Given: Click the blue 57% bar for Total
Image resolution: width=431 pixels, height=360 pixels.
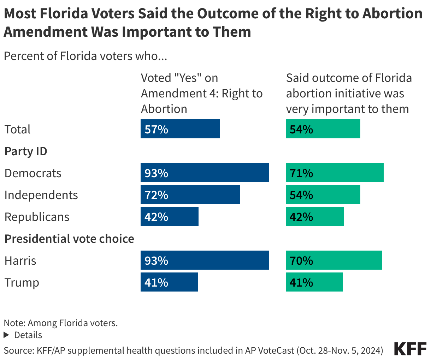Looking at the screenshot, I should tap(180, 129).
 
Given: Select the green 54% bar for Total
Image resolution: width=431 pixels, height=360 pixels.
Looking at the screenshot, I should tap(323, 129).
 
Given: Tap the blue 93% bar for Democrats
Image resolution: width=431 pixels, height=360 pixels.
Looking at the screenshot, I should tap(205, 173).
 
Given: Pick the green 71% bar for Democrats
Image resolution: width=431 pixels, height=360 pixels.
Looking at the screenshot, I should tap(335, 173).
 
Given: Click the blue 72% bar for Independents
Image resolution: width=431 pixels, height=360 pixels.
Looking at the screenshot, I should tap(190, 194).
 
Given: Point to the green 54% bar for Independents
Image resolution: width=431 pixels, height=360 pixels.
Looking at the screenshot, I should tap(323, 194).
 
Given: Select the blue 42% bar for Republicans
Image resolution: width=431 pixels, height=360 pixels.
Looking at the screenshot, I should tap(169, 216).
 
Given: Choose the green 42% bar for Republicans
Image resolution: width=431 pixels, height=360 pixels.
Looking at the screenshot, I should tap(315, 216).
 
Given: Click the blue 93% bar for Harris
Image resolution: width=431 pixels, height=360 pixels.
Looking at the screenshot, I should tap(205, 260).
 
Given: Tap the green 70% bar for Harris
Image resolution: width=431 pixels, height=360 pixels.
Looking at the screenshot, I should tap(334, 260).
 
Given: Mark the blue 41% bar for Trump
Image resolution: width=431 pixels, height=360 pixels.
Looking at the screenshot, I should tap(169, 282).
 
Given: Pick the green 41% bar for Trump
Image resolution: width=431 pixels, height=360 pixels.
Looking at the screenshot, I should tap(314, 282).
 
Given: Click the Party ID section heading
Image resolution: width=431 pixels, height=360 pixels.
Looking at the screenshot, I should tap(26, 151).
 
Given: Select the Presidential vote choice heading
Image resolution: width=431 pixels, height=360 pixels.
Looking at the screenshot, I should tap(69, 239).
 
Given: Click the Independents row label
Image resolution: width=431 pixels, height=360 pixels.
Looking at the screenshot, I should tap(41, 195).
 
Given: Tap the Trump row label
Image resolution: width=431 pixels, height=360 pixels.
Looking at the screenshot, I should tap(22, 282).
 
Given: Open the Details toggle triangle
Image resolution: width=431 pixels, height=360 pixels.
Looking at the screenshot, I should tap(6, 335).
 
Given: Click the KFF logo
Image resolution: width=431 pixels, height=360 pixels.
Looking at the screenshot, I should tap(410, 349).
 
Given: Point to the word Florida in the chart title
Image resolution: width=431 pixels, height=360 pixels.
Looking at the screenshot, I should tap(69, 14).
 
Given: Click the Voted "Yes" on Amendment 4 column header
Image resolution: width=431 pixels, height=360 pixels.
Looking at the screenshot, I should tap(201, 93).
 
